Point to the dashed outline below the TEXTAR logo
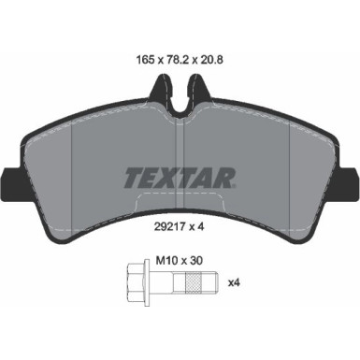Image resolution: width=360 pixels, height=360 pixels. pyautogui.click(x=180, y=199)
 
